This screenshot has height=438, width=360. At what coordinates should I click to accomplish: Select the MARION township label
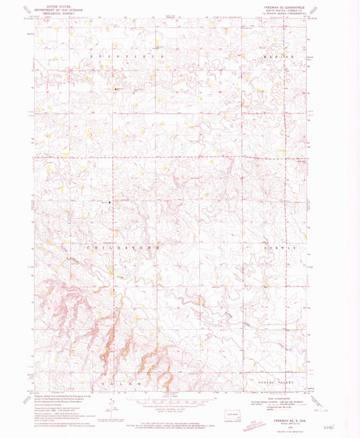(279, 57)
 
